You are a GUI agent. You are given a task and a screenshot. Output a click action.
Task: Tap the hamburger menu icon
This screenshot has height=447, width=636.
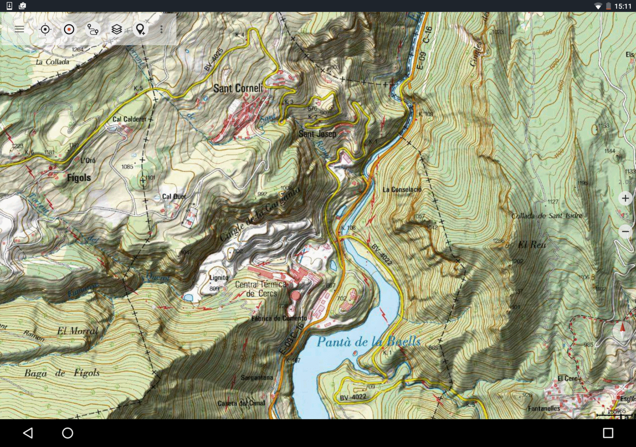tap(19, 29)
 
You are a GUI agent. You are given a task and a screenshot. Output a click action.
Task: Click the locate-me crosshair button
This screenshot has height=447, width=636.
tap(45, 29)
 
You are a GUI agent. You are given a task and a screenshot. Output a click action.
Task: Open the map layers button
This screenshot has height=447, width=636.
tap(117, 29)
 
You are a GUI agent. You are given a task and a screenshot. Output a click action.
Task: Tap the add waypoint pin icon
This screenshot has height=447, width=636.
tap(140, 29)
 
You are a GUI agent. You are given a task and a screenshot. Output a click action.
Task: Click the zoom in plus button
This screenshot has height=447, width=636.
tap(625, 198)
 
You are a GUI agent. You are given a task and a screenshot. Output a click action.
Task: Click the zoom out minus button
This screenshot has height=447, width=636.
tap(625, 231)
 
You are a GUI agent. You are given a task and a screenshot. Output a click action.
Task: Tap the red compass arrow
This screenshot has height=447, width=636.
tap(622, 329)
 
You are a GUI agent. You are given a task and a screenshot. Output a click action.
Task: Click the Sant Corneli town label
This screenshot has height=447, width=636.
tap(238, 88)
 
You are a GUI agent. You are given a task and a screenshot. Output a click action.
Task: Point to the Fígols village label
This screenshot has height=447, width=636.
tap(79, 178)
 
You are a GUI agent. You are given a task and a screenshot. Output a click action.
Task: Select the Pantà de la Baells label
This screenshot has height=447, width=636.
tap(369, 341)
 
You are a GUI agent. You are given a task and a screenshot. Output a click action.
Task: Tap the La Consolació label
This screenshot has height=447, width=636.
tap(402, 190)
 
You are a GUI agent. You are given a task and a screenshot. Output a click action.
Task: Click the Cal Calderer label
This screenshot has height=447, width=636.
tap(129, 119)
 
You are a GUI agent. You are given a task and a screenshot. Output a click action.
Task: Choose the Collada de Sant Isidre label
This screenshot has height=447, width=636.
tap(547, 216)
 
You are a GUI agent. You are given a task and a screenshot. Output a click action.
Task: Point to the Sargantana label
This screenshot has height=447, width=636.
tap(257, 377)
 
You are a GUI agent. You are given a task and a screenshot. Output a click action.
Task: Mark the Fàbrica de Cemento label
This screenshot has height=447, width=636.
tap(279, 318)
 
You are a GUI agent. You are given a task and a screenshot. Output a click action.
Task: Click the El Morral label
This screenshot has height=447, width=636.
tap(78, 331)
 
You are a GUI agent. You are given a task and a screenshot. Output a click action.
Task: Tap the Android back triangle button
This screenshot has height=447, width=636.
tap(28, 433)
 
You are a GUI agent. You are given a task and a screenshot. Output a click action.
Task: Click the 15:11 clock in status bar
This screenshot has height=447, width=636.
tap(622, 6)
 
